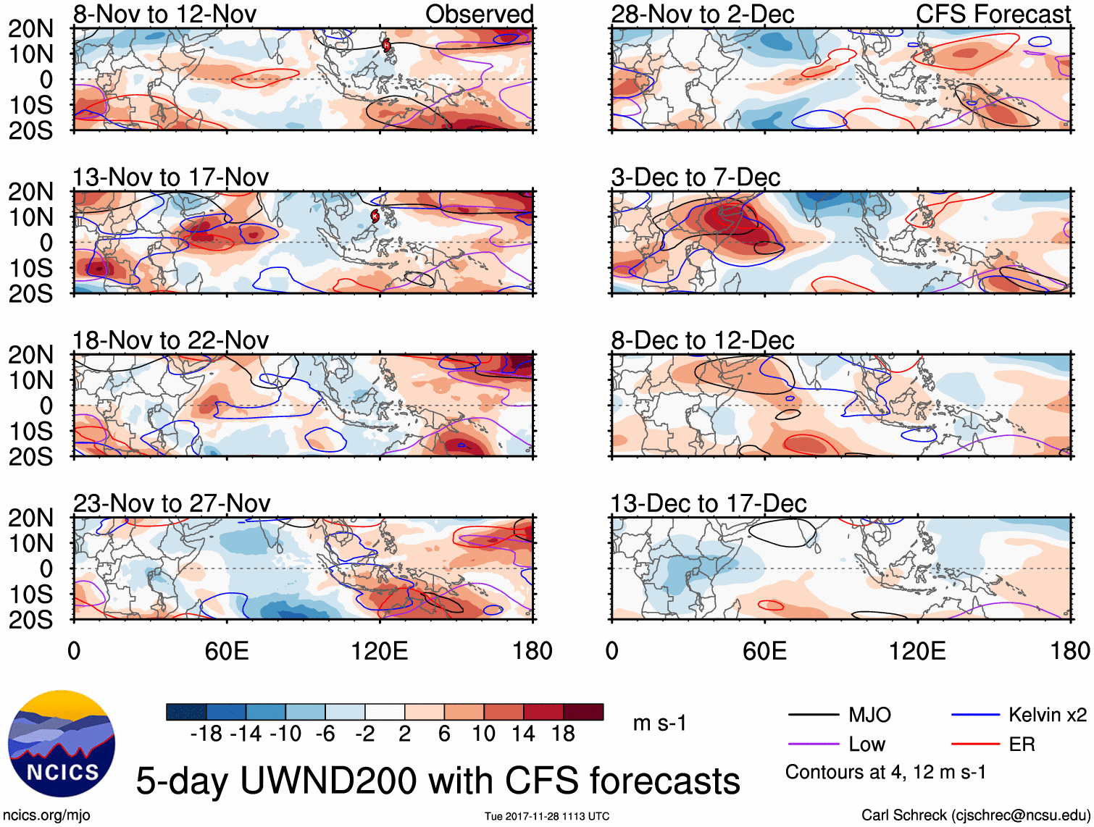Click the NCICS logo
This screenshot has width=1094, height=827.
(x=62, y=744)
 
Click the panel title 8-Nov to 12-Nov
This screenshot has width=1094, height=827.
(x=164, y=14)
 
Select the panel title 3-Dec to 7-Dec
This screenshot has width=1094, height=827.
(x=696, y=177)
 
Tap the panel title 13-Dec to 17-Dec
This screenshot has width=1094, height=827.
(x=708, y=503)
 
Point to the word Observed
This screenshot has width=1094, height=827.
(x=479, y=14)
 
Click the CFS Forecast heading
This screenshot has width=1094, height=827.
(x=993, y=14)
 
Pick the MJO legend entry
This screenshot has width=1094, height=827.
(x=869, y=715)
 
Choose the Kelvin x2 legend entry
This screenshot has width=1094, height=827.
(x=1047, y=715)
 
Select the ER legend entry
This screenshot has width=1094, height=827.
(x=1022, y=744)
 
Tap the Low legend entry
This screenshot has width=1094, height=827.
(x=867, y=744)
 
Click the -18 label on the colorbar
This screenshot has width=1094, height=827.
(x=206, y=734)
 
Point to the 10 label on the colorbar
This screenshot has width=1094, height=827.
(x=483, y=734)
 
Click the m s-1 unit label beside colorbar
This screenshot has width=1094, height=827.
(x=659, y=723)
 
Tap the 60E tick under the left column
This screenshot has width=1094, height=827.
(x=227, y=651)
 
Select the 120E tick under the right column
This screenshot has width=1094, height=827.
(x=917, y=651)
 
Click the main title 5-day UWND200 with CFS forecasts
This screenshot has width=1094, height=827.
(x=438, y=781)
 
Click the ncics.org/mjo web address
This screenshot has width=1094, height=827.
(x=46, y=815)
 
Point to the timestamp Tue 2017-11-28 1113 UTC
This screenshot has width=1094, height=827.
(x=547, y=816)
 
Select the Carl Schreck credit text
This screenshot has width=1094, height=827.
(x=975, y=815)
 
